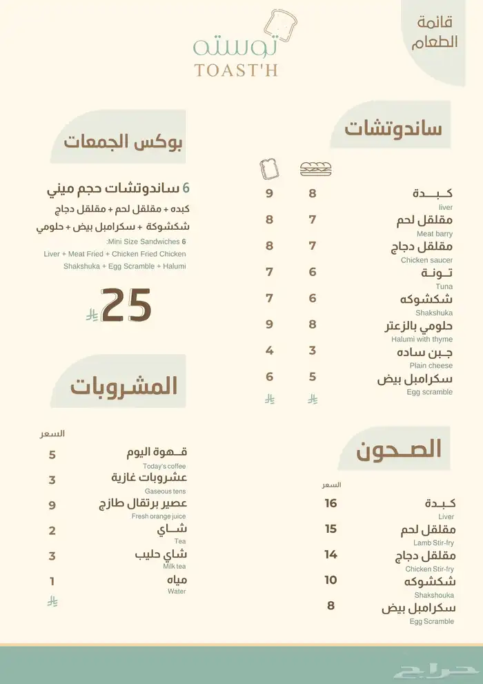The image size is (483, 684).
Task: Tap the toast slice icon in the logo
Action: tap(282, 24)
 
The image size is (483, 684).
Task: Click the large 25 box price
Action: tap(126, 305)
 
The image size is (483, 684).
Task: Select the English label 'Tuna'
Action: tap(444, 286)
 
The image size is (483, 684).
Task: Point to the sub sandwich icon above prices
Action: tap(315, 168)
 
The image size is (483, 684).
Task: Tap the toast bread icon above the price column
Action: tap(268, 168)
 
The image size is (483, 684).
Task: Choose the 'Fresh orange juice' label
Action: tap(159, 516)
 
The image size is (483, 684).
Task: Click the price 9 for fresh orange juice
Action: tap(52, 505)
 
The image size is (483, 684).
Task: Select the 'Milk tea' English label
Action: tap(175, 566)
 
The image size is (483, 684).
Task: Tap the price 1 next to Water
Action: tap(52, 581)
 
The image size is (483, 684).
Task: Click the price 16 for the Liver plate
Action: tap(331, 503)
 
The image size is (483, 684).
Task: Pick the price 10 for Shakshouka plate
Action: tap(331, 580)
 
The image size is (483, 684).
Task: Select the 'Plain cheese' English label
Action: tap(431, 365)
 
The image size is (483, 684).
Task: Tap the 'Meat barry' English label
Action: tap(435, 233)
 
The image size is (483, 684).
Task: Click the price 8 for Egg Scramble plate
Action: tap(331, 605)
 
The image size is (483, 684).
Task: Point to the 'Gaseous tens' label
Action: tap(166, 491)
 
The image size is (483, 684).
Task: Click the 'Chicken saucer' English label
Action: tap(427, 260)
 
